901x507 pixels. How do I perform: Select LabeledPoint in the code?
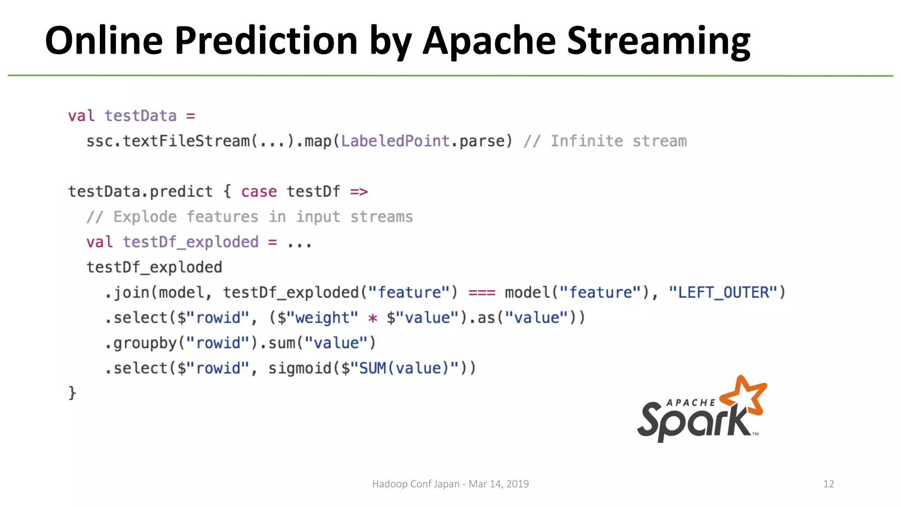[x=395, y=141]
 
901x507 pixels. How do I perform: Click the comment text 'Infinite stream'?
[x=618, y=141]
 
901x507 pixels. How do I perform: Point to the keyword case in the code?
[x=259, y=191]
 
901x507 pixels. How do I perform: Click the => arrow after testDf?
[x=359, y=191]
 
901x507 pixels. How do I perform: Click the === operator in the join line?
[x=482, y=293]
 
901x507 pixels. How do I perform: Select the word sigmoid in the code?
[x=300, y=368]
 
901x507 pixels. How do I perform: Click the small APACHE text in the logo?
[x=691, y=402]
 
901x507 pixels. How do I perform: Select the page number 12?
[x=828, y=484]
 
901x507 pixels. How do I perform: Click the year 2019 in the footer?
[x=517, y=484]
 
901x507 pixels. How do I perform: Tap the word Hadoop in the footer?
[x=390, y=484]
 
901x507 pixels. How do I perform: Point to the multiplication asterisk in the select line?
[x=373, y=318]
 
